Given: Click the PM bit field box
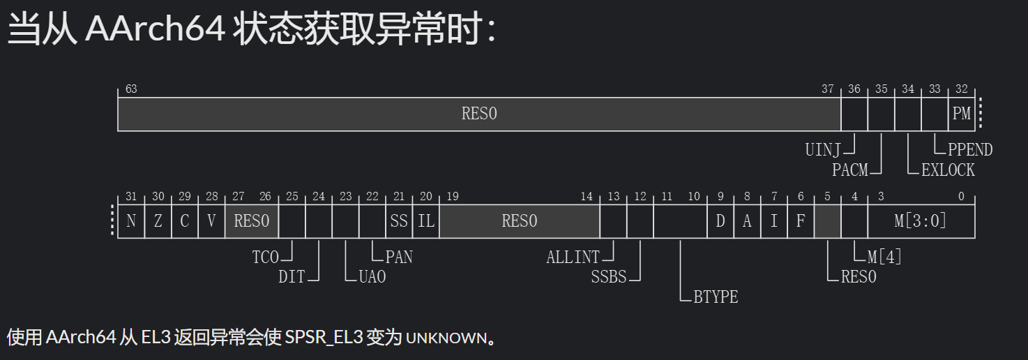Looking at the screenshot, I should [x=962, y=114].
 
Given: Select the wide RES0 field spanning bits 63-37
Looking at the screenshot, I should [x=479, y=114].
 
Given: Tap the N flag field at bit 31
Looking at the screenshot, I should [x=131, y=221].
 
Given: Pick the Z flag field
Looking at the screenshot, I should [x=158, y=221].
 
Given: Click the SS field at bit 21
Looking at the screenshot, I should [x=399, y=221].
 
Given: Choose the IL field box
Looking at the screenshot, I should [x=426, y=221].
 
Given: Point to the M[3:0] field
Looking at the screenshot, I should [x=921, y=221].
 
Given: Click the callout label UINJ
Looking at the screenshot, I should [x=823, y=149].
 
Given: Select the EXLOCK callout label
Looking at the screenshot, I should [x=948, y=170].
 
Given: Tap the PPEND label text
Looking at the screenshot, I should [x=970, y=149].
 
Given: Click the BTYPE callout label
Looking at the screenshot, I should [x=716, y=297].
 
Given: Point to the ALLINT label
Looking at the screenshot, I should [x=573, y=257].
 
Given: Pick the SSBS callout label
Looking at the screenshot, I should [x=609, y=277].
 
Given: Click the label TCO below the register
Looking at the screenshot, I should [x=265, y=257].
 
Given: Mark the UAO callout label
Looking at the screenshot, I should [x=372, y=277].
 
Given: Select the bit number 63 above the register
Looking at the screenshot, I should [x=131, y=89].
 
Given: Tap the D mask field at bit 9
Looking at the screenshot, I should [x=720, y=221].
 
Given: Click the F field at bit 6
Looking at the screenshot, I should [x=801, y=221].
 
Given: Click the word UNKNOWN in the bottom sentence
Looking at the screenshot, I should [x=446, y=338].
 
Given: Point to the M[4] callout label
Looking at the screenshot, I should [x=885, y=257].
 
